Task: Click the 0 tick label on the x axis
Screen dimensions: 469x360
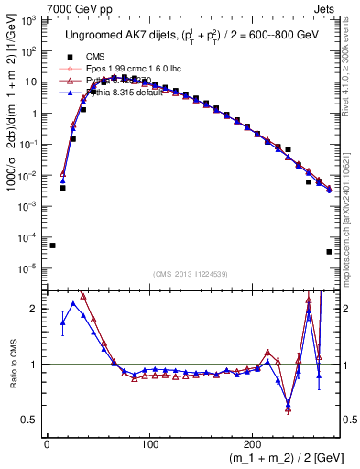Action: [47, 442]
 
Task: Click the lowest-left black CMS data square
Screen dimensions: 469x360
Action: [52, 245]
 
